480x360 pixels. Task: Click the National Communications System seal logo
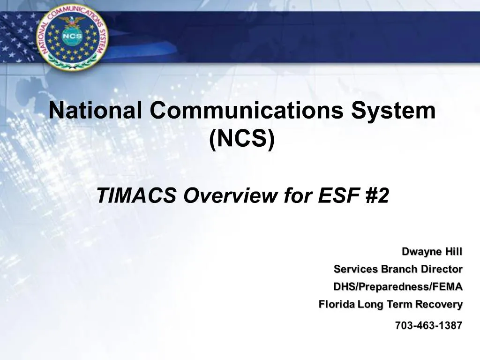click(x=72, y=37)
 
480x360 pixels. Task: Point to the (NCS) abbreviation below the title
click(x=241, y=139)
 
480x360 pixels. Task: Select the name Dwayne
click(x=421, y=252)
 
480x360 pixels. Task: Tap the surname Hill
click(x=454, y=252)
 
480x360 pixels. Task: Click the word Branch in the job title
click(x=399, y=269)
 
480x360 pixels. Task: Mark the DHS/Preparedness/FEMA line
click(x=397, y=286)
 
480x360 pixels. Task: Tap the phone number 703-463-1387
click(x=428, y=325)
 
